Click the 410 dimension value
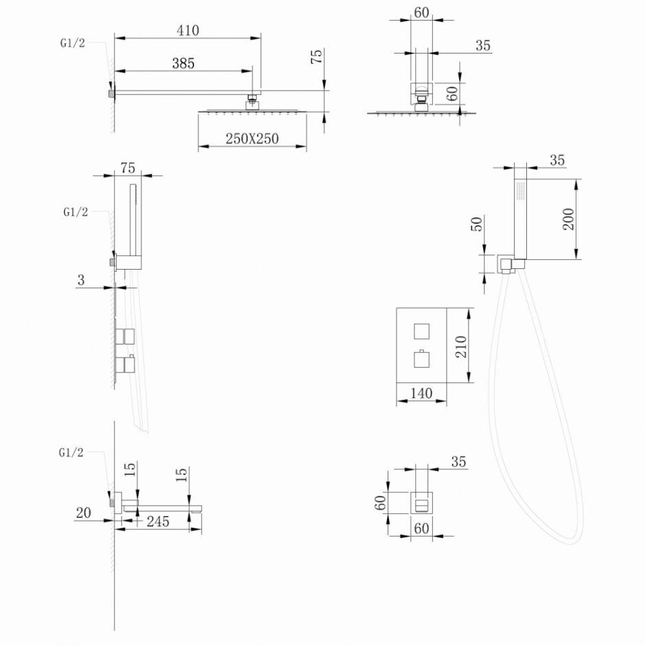[x=187, y=30]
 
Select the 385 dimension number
[x=183, y=63]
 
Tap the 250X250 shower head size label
[x=253, y=139]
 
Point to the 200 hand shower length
[x=568, y=219]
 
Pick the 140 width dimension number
[x=421, y=393]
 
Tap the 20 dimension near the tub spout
[x=84, y=513]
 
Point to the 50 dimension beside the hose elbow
[x=478, y=223]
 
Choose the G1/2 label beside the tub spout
[x=72, y=452]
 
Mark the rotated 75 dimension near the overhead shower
[x=316, y=57]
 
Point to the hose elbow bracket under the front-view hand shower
[x=507, y=264]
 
